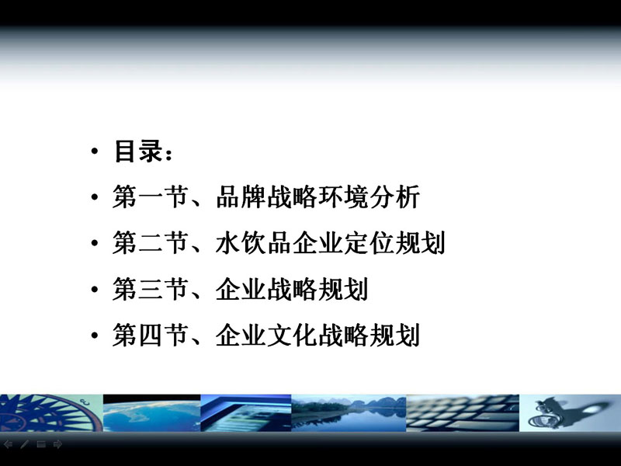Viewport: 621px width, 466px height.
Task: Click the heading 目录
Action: tap(138, 151)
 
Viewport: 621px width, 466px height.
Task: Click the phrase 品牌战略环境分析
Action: tap(317, 197)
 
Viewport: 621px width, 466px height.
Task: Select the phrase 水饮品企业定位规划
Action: tap(331, 242)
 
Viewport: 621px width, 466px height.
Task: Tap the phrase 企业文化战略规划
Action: tap(317, 336)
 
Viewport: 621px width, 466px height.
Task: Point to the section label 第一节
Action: tap(151, 197)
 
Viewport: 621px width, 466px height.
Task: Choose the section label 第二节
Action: tap(151, 242)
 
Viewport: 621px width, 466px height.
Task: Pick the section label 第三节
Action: tap(151, 289)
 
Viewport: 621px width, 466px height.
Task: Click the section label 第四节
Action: tap(151, 336)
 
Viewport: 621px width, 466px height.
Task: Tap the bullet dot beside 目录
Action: tap(94, 151)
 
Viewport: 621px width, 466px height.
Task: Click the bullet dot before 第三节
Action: tap(94, 289)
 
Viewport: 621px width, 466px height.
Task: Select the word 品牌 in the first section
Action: tap(241, 197)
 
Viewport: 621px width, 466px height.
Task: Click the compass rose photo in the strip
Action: tap(51, 413)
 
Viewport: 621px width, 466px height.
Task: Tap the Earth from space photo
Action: tap(152, 413)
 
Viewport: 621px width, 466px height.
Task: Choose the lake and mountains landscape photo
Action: tap(349, 413)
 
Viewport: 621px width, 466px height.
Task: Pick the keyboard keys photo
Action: tap(463, 413)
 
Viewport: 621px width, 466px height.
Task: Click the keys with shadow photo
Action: tap(571, 413)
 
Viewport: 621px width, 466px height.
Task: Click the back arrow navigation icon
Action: tap(8, 444)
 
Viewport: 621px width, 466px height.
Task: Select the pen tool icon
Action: tap(25, 444)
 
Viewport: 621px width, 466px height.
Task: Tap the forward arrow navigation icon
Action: tap(57, 444)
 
